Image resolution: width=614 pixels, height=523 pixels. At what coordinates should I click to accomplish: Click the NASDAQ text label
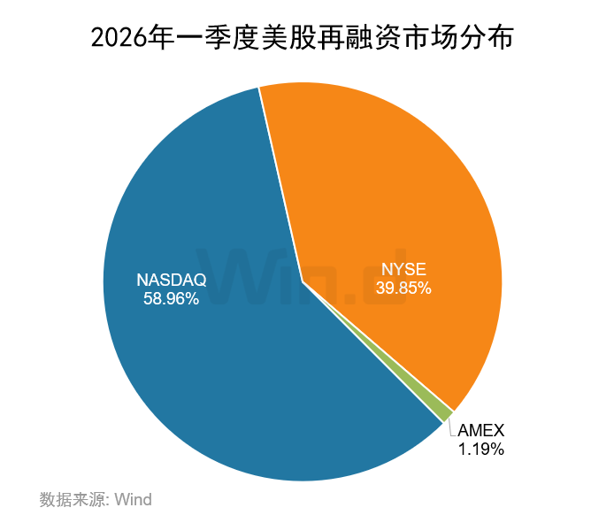(x=171, y=280)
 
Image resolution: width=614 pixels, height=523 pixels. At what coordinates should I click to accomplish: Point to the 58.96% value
(x=171, y=299)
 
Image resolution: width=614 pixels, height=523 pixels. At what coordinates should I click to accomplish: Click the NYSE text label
(x=403, y=269)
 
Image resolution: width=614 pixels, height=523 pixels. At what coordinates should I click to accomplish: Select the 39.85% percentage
(x=403, y=288)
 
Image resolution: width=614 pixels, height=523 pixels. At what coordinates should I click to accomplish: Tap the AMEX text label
(x=480, y=431)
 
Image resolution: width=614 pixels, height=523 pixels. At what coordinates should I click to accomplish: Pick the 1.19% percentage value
(x=480, y=450)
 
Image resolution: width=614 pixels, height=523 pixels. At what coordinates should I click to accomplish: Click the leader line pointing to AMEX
(x=451, y=427)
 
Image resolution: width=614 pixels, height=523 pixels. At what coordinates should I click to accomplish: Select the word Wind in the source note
(x=134, y=499)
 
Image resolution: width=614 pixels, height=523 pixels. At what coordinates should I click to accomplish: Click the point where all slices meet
(x=303, y=282)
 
